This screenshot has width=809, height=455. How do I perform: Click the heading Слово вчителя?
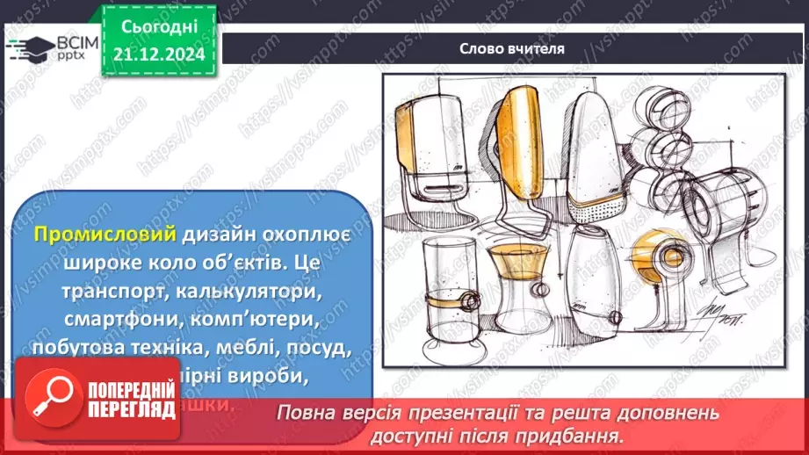point(511,48)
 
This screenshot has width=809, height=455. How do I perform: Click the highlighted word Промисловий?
point(106,235)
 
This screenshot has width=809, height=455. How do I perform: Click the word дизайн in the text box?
point(219,235)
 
